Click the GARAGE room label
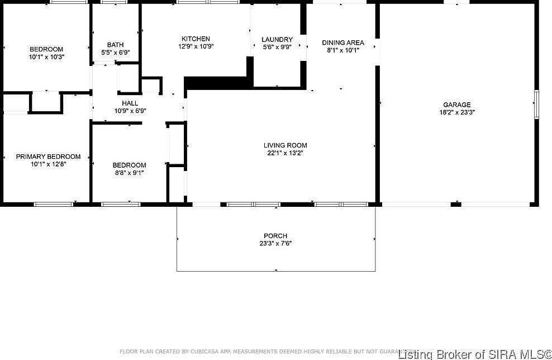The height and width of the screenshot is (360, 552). point(456,105)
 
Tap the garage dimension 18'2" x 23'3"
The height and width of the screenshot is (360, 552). point(456,112)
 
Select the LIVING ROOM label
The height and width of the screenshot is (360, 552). point(285,145)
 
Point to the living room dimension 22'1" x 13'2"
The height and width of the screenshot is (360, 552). point(285,153)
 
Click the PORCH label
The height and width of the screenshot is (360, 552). point(275,236)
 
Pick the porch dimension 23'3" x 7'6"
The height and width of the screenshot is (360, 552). point(275,244)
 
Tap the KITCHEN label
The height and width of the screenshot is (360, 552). point(195,39)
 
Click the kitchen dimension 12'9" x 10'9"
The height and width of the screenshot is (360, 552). point(195,46)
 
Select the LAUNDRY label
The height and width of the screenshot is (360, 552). point(277,39)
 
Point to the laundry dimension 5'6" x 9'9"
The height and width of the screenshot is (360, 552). point(277,47)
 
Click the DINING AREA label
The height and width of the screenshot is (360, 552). point(343,42)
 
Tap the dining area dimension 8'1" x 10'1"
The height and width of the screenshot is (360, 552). point(343,50)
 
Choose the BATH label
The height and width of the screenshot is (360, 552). point(116,45)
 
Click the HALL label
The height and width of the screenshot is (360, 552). point(130,103)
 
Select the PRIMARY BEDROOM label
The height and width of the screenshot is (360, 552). point(48,157)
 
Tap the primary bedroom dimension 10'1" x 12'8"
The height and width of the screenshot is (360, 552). point(48,164)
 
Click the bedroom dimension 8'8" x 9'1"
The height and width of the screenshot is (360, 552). point(129,173)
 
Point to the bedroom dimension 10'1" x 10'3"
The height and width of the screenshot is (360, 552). point(46,57)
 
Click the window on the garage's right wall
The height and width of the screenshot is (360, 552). point(536,105)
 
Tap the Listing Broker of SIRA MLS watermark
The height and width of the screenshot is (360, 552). point(475,353)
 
